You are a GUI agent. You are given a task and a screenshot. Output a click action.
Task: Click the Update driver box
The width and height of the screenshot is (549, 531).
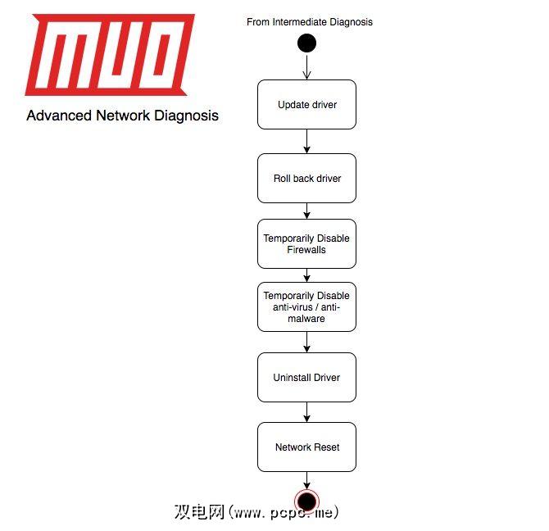coord(306,105)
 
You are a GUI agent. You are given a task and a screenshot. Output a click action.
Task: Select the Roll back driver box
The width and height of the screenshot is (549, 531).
coord(306,179)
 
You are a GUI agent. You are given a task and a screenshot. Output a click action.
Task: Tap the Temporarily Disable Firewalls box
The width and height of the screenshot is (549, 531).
coord(306,244)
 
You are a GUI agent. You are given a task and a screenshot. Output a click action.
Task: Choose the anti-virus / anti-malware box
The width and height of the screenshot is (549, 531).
coord(306,307)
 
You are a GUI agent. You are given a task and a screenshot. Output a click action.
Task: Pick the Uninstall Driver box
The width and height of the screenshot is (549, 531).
coord(306,378)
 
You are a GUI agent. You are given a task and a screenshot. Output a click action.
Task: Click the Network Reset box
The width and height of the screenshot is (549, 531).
coord(306,447)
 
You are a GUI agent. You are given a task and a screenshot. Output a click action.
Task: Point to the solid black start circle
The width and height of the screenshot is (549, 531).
coord(306,43)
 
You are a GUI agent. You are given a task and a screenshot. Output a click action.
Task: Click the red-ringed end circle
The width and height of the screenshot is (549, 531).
coord(306,501)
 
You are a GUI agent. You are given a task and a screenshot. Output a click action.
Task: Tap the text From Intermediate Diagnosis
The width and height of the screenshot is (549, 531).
coord(310,22)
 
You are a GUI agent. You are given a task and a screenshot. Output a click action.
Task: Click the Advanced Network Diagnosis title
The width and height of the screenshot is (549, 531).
coord(122,116)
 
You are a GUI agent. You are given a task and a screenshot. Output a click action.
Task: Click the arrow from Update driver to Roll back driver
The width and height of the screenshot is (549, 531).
coord(306,142)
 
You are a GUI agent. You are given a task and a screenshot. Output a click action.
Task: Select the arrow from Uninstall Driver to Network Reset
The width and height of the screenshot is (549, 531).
coord(306,412)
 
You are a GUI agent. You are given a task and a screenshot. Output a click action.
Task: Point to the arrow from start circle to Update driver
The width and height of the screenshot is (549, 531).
coord(306,67)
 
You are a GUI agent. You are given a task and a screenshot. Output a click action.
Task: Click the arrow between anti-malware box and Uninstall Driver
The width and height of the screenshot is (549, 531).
coord(306,343)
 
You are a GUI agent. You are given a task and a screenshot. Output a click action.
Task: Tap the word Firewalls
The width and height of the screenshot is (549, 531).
coord(306,250)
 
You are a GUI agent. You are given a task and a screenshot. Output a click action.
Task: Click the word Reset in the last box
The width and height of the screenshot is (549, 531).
coord(326,447)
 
